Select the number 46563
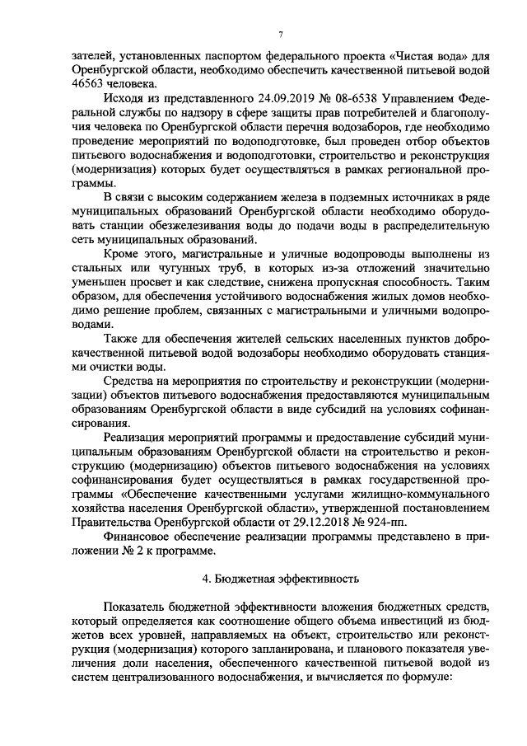tap(89, 84)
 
